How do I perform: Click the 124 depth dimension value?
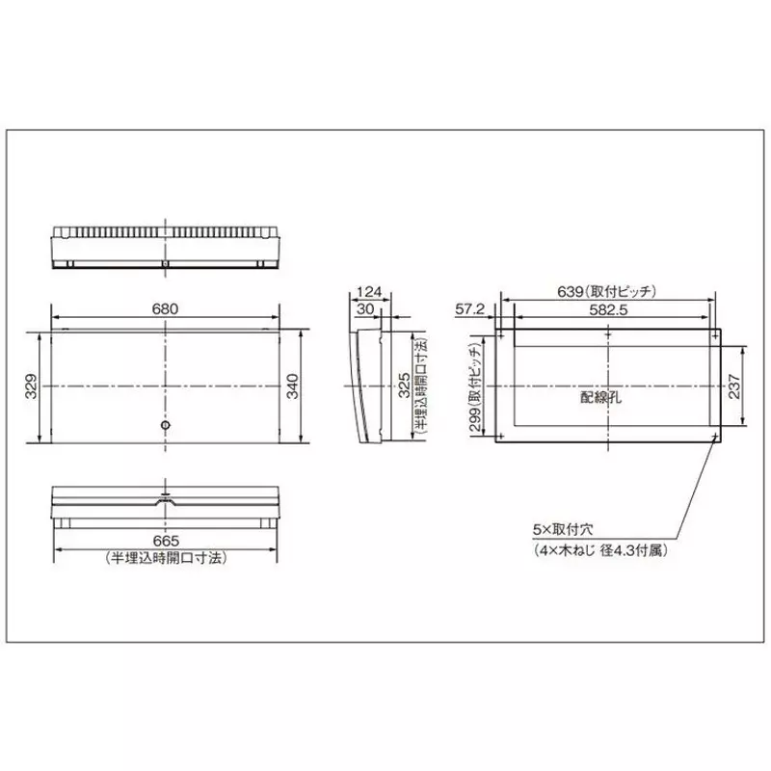pos(367,292)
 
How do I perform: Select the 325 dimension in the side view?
pos(403,386)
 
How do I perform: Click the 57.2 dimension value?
pos(468,308)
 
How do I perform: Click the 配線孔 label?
pos(600,397)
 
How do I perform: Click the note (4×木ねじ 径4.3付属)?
pos(599,551)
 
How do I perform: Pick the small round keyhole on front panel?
pos(165,425)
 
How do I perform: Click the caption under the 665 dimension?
pos(166,558)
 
